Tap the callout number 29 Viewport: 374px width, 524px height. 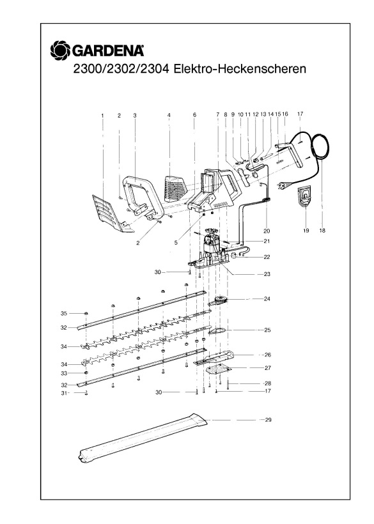pyautogui.click(x=268, y=420)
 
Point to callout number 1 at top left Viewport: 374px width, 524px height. pyautogui.click(x=102, y=115)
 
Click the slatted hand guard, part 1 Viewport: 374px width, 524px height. pyautogui.click(x=108, y=210)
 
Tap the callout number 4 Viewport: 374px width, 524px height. pyautogui.click(x=169, y=115)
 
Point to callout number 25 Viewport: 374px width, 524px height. pyautogui.click(x=268, y=330)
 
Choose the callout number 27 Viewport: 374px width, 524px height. pyautogui.click(x=268, y=367)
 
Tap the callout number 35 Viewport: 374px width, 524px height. pyautogui.click(x=63, y=313)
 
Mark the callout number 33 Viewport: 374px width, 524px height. pyautogui.click(x=63, y=373)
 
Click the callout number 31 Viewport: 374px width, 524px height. pyautogui.click(x=63, y=393)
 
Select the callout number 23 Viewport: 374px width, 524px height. pyautogui.click(x=267, y=274)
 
